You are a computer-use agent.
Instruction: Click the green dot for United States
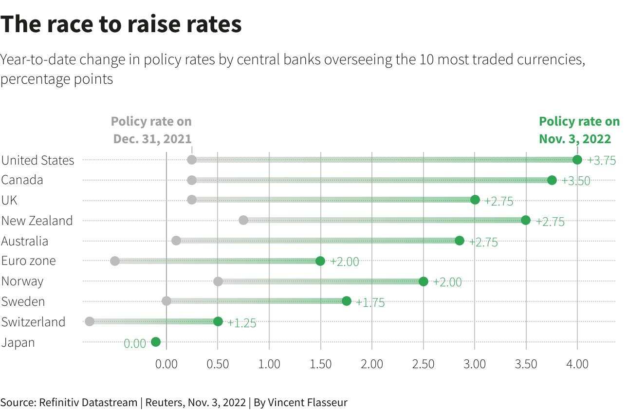(x=577, y=160)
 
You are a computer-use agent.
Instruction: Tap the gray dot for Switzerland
(x=90, y=321)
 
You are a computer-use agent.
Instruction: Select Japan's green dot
(x=156, y=342)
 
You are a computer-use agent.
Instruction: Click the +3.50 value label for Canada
(x=576, y=181)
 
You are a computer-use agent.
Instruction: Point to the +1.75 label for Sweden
(x=370, y=302)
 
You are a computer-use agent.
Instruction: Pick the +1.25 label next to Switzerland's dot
(x=242, y=323)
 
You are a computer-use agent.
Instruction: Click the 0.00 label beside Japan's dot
(x=135, y=343)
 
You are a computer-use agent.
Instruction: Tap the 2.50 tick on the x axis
(x=423, y=364)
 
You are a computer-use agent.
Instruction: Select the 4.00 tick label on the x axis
(x=577, y=364)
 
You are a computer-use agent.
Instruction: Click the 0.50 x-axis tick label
(x=218, y=364)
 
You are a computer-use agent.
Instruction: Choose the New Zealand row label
(x=37, y=221)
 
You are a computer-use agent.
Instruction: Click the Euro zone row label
(x=29, y=261)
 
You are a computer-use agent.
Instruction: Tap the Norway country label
(x=22, y=281)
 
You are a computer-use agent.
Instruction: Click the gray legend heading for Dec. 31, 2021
(x=151, y=130)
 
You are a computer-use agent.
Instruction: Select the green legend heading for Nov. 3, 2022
(x=579, y=130)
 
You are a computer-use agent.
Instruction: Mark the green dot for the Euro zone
(x=320, y=261)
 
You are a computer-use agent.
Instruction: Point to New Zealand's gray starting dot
(x=243, y=220)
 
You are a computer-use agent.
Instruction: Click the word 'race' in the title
(x=70, y=24)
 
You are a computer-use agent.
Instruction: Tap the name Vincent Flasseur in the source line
(x=308, y=402)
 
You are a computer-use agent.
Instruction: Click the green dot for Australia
(x=460, y=240)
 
